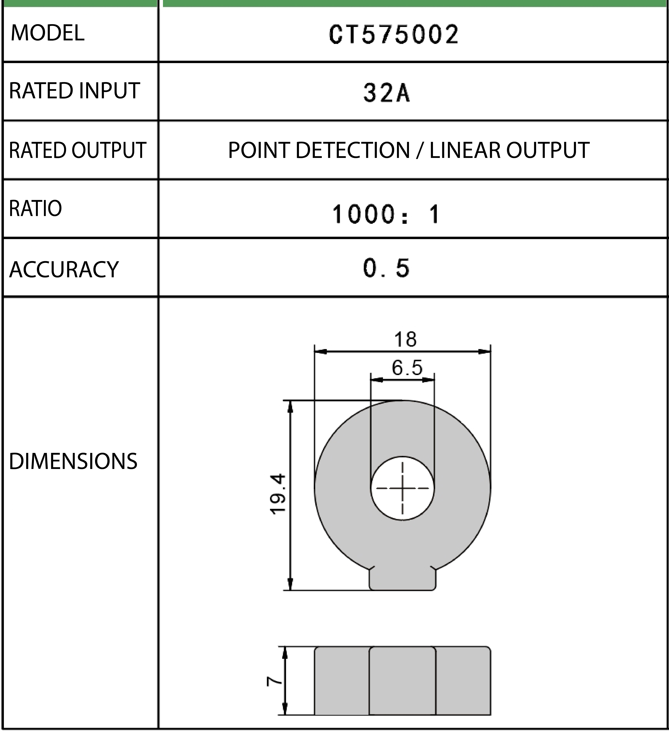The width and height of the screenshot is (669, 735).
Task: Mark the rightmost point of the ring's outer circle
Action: coord(491,488)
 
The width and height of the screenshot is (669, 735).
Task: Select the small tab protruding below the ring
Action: coord(402,579)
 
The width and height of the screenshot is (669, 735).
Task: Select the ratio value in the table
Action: coord(386,214)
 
